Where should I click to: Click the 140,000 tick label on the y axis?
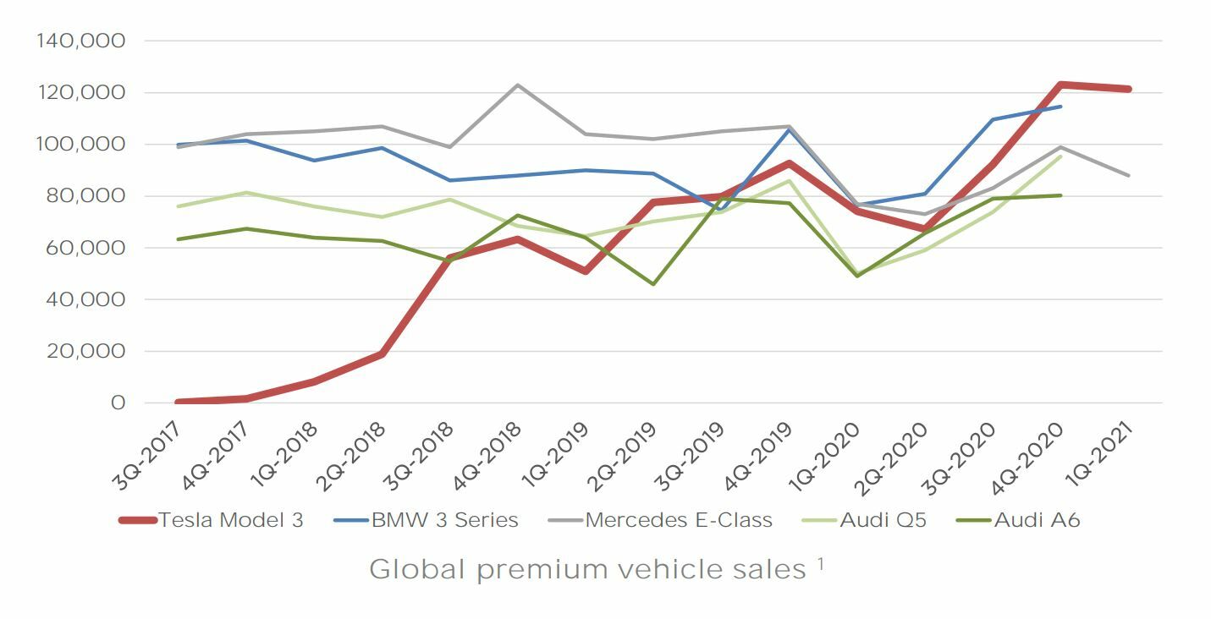coord(82,41)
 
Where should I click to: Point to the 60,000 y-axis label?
coord(88,248)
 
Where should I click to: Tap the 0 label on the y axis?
coord(118,403)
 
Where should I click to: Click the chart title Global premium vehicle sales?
coord(588,569)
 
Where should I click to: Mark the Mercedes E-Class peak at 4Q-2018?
coord(517,85)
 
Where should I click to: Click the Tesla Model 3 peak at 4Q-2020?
coord(1060,85)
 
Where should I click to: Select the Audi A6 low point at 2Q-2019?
coord(653,284)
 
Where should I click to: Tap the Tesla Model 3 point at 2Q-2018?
coord(382,354)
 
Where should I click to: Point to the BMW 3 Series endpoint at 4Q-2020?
coord(1060,107)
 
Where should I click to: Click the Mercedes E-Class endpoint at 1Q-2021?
coord(1129,176)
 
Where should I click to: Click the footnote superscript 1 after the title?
coord(821,561)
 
